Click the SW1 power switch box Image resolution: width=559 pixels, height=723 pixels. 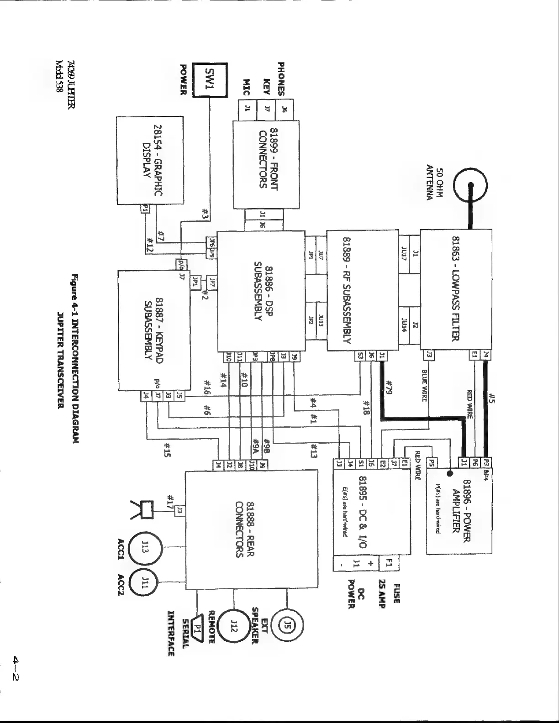point(210,80)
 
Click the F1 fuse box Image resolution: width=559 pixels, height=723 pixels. point(390,562)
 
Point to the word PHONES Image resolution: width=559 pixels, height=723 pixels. point(281,79)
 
